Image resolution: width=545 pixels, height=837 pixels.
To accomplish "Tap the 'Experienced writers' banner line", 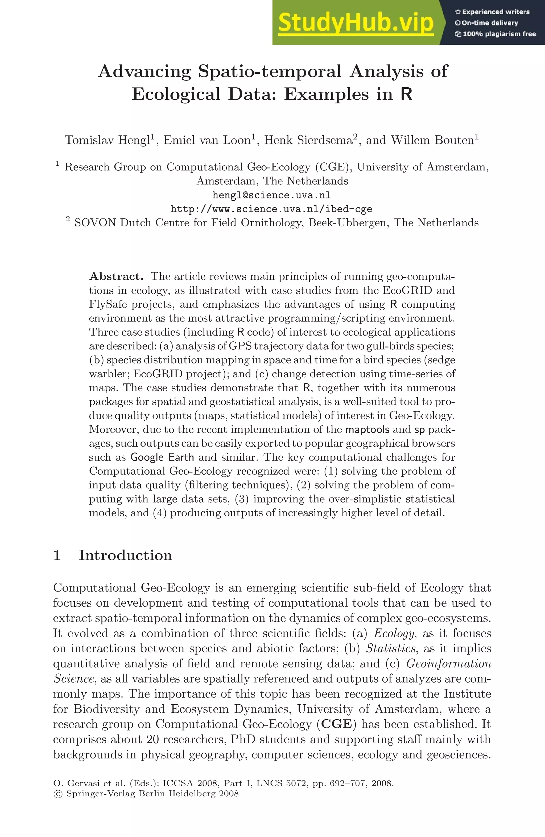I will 492,12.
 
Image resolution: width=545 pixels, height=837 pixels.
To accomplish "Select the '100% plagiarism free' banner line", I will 496,34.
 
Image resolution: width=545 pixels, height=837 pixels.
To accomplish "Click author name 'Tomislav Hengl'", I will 108,140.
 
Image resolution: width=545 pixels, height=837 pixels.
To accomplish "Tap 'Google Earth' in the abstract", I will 162,457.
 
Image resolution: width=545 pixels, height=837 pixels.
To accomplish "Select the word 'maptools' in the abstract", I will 368,429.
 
